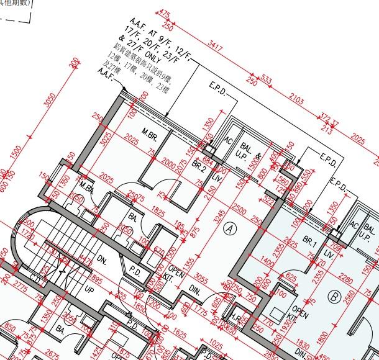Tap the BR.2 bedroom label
point(198,166)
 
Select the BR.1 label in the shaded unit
point(310,241)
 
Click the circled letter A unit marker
point(232,228)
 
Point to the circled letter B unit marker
point(334,297)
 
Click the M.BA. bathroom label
point(86,189)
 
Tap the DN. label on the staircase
point(102,261)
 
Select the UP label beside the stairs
point(89,290)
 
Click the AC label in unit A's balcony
point(227,141)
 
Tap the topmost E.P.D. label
point(217,88)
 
